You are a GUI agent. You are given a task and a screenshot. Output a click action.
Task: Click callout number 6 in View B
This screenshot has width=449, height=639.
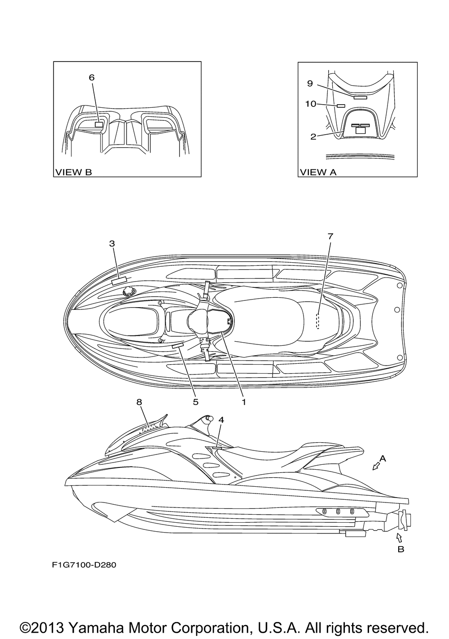[x=92, y=78]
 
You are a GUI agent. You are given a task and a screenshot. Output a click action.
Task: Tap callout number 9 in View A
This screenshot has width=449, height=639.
[x=310, y=84]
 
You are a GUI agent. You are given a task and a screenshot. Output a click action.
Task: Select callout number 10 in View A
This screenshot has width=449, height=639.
[x=311, y=104]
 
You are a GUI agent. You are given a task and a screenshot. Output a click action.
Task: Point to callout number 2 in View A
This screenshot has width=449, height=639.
[x=313, y=137]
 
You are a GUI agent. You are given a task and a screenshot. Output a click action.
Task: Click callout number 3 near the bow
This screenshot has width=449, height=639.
[x=112, y=243]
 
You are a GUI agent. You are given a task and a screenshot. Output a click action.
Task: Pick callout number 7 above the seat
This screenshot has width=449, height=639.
[x=330, y=235]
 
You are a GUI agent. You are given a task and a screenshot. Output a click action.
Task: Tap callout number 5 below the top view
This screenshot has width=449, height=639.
[x=196, y=402]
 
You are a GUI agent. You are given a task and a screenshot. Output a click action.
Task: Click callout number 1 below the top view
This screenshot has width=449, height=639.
[x=244, y=402]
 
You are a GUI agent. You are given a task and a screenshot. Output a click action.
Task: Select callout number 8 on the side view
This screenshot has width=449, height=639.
[x=139, y=402]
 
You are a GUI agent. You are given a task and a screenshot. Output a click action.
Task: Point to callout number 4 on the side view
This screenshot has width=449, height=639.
[x=221, y=419]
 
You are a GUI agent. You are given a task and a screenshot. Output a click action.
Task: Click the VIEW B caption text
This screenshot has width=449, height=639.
[x=73, y=172]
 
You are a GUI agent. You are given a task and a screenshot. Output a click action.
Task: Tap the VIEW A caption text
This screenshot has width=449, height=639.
[x=318, y=172]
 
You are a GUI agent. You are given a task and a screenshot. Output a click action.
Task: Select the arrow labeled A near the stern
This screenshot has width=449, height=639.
[x=376, y=467]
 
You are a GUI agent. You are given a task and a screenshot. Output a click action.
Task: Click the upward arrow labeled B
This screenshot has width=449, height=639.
[x=399, y=537]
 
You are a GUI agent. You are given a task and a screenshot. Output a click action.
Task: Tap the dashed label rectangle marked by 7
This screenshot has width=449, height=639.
[x=317, y=321]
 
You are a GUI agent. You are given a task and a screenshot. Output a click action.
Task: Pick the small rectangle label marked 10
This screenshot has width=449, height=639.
[x=341, y=106]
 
